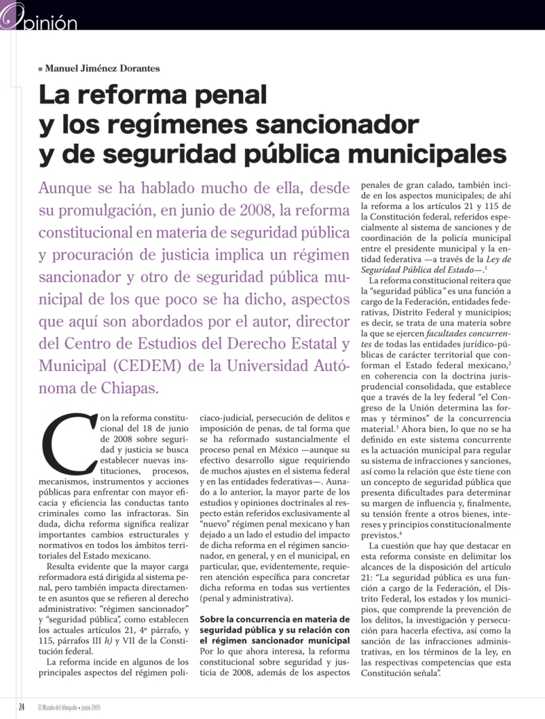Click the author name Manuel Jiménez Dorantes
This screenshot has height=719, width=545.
(102, 68)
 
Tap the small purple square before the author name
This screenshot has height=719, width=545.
(41, 69)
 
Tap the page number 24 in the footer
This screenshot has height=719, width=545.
(22, 707)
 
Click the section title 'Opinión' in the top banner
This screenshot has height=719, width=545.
(48, 23)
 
